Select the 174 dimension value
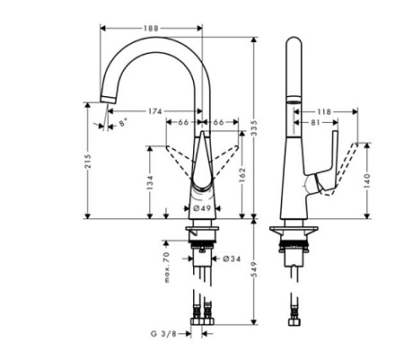(x=155, y=112)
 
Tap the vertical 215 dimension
(x=88, y=162)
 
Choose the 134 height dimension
(x=150, y=181)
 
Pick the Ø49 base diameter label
(x=202, y=208)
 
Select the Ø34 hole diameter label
(x=230, y=259)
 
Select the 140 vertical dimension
(x=368, y=180)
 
